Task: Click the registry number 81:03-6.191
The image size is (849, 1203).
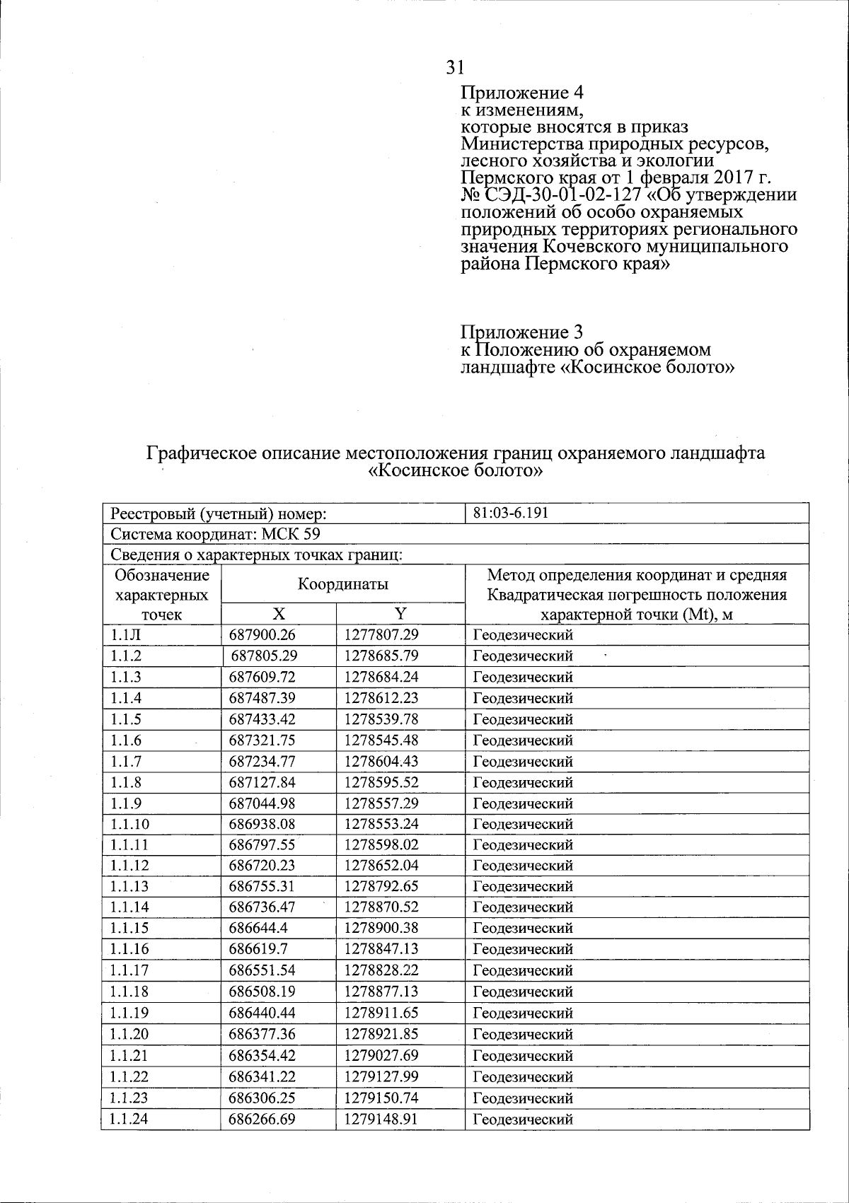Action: point(510,513)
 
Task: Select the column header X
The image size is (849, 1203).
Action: point(279,613)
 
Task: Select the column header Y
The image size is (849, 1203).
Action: point(400,613)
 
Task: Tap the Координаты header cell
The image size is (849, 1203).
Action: point(342,584)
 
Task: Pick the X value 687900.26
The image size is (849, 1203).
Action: point(262,635)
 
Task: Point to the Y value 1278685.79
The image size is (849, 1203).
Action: point(381,656)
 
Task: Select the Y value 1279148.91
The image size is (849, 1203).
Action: point(381,1119)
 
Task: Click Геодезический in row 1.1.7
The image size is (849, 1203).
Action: point(522,762)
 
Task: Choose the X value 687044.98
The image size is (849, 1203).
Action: point(262,803)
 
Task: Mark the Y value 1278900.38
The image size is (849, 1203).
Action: point(381,928)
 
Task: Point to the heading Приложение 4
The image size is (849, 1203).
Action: point(521,93)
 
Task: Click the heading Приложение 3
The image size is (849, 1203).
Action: point(521,332)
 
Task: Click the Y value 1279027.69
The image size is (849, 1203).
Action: point(381,1055)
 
